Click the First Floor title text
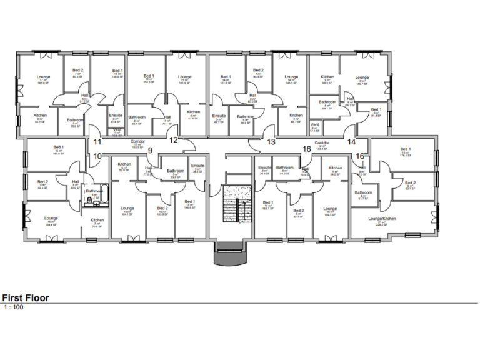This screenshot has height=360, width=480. click(26, 298)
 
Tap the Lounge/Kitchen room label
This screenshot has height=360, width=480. click(382, 219)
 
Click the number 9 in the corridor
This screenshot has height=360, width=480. click(150, 150)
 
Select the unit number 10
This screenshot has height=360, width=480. click(97, 156)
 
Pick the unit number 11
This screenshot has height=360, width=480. click(97, 142)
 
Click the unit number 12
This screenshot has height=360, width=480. click(174, 139)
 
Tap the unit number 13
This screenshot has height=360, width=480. click(271, 142)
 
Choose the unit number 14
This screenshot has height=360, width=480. click(351, 142)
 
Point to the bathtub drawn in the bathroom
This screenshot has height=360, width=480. click(104, 195)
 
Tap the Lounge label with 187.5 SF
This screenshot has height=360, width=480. click(43, 79)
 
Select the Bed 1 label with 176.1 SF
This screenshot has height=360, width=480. click(404, 150)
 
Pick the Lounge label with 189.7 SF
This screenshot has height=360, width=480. click(362, 79)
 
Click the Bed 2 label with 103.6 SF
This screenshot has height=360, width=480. click(162, 210)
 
